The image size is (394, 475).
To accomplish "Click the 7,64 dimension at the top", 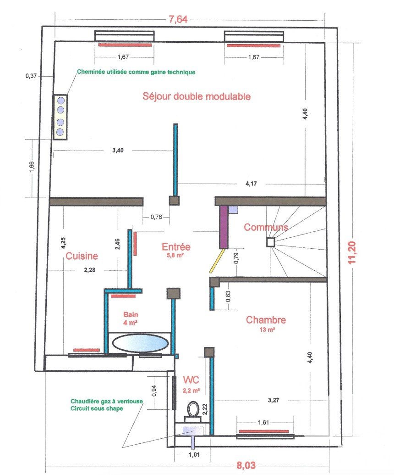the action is pyautogui.click(x=178, y=19).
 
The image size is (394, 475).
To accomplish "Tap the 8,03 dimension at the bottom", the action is pyautogui.click(x=246, y=465).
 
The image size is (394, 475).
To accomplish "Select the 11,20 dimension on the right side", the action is pyautogui.click(x=352, y=252).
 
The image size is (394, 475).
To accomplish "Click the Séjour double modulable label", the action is pyautogui.click(x=197, y=96).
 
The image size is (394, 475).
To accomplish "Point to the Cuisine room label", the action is pyautogui.click(x=82, y=256).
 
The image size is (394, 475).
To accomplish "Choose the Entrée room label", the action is pyautogui.click(x=176, y=246).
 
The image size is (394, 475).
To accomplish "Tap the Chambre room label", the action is pyautogui.click(x=266, y=320).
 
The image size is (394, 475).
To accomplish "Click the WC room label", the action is pyautogui.click(x=191, y=380).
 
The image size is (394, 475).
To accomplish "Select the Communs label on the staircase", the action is pyautogui.click(x=266, y=227).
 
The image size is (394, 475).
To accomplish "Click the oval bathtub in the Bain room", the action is pyautogui.click(x=140, y=343).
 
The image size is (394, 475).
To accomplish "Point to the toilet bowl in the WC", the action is pyautogui.click(x=192, y=409).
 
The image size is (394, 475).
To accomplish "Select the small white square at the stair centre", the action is pyautogui.click(x=271, y=242).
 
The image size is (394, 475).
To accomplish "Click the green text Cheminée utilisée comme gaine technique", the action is pyautogui.click(x=136, y=72).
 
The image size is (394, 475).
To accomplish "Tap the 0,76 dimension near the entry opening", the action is pyautogui.click(x=156, y=217).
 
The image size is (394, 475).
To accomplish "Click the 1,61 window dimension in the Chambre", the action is pyautogui.click(x=263, y=422).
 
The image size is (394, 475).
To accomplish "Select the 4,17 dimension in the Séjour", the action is pyautogui.click(x=251, y=184).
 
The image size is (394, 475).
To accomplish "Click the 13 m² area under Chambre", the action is pyautogui.click(x=267, y=330).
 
